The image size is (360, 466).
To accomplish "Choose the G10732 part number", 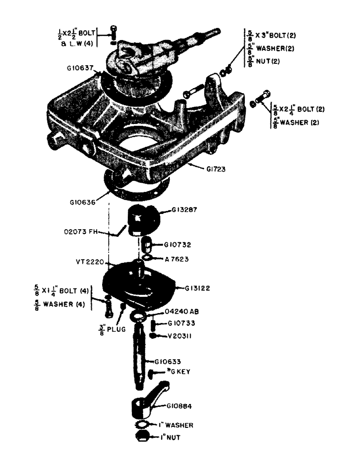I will click(178, 244).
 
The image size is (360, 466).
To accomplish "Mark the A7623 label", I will click(177, 259).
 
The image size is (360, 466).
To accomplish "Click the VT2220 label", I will click(89, 262).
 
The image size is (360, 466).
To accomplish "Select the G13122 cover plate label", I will click(197, 288).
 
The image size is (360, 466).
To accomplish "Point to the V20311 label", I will click(176, 336).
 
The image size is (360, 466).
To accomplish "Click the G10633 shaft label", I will click(168, 361).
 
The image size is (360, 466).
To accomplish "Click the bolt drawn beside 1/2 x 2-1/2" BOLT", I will click(113, 33).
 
